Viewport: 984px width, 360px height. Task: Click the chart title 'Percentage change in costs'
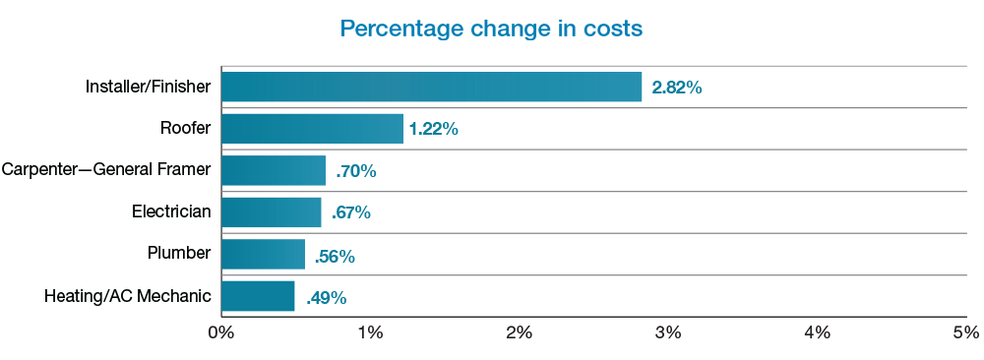tap(491, 29)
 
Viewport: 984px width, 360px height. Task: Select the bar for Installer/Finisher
tap(431, 87)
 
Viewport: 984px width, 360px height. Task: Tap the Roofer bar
tap(312, 129)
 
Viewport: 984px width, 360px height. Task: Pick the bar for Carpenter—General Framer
tap(273, 170)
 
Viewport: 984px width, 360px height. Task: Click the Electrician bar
tap(271, 212)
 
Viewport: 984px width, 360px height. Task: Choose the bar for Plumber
tap(263, 255)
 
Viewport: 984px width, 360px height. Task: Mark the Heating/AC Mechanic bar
tap(258, 296)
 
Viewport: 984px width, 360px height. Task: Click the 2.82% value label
tap(676, 88)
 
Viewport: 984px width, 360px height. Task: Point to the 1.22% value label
tap(434, 130)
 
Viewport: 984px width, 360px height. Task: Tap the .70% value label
tap(355, 171)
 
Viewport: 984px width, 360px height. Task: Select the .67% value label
tap(351, 213)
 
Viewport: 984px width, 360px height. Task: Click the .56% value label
tap(335, 256)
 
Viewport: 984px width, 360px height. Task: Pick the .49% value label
tap(326, 297)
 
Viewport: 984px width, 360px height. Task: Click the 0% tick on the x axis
tap(220, 332)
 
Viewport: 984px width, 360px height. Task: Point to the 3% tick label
tap(668, 332)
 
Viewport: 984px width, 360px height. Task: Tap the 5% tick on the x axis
tap(965, 332)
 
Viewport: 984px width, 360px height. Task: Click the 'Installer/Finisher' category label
tap(148, 87)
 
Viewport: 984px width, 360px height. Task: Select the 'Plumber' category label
tap(179, 254)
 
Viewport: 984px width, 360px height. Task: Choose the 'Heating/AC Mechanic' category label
tap(128, 296)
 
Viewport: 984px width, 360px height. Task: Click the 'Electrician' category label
tap(171, 211)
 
